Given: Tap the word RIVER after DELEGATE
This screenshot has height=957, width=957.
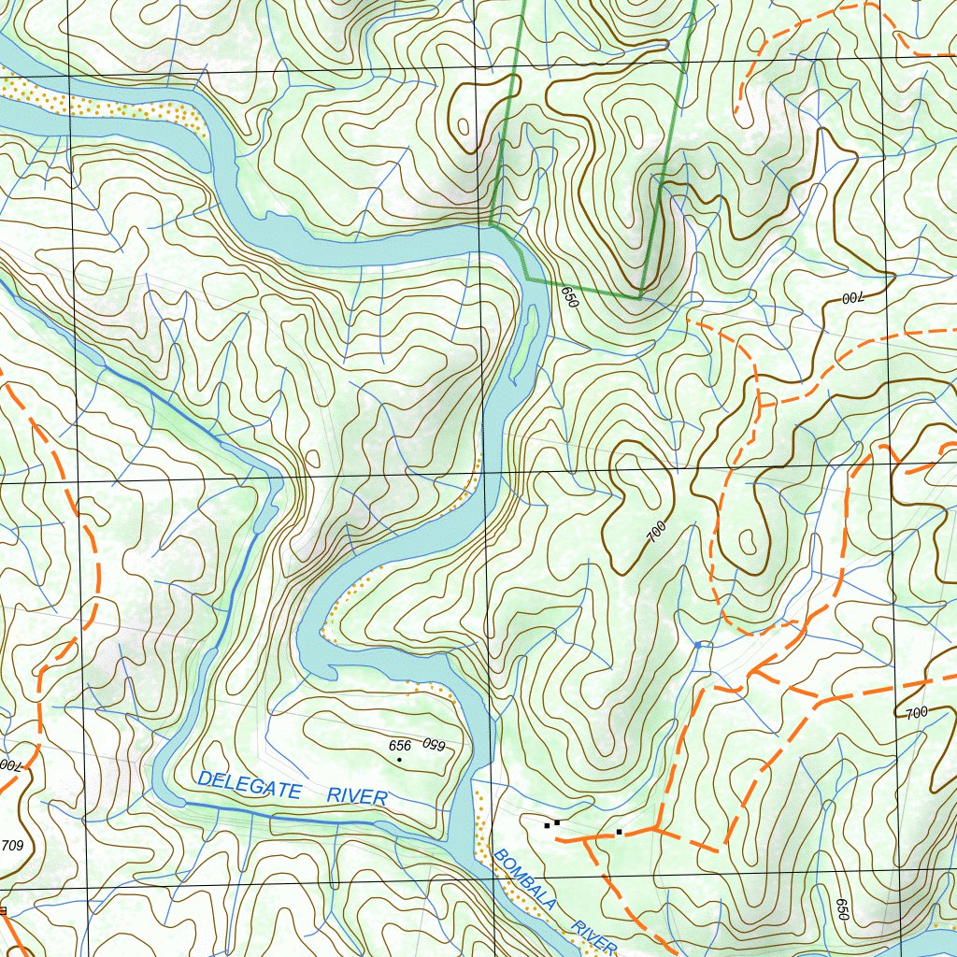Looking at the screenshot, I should coord(357,796).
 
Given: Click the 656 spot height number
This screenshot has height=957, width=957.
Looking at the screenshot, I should coord(400,745).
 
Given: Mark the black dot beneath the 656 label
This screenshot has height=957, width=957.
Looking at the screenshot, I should coord(399,760).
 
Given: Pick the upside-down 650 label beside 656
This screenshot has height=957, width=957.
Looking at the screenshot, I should coord(432,744).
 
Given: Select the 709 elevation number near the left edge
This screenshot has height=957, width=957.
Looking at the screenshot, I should coord(12,846).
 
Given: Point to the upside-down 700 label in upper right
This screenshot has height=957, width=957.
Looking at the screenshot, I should coord(851,298).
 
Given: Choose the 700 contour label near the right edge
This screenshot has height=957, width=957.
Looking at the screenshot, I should coord(916,713).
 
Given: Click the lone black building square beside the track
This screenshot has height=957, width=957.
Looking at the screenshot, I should coord(619,831).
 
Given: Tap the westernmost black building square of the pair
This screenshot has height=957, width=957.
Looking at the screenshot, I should coord(547,825).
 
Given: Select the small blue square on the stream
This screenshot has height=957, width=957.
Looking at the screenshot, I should coord(698,644).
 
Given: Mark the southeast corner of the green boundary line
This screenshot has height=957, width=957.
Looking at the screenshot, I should coord(641,297).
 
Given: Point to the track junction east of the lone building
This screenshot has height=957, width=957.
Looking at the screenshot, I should coord(657,828).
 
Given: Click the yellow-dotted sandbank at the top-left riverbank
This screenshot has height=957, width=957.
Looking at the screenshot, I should coord(103,106).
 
